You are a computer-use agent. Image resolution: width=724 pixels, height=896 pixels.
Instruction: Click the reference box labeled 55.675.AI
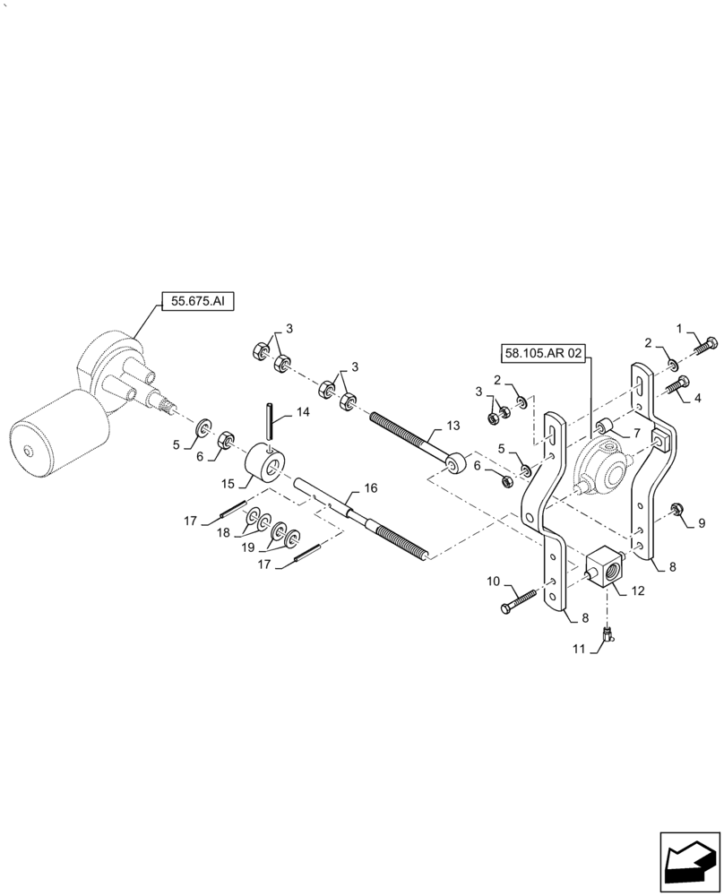point(196,302)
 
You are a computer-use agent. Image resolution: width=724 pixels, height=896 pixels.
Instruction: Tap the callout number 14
point(303,413)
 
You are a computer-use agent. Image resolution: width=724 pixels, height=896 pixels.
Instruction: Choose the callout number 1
point(679,328)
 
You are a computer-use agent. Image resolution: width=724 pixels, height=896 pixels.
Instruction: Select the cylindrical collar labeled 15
point(265,464)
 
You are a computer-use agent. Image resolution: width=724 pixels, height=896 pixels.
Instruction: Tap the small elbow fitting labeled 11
point(608,635)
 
